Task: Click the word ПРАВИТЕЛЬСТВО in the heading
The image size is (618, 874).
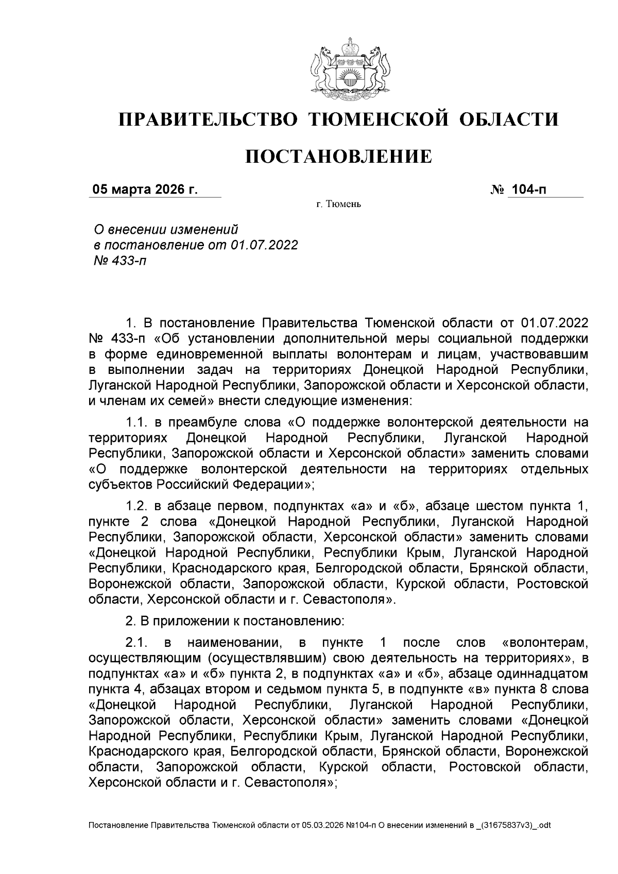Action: pos(208,120)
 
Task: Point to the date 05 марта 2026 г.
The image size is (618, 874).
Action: pos(145,190)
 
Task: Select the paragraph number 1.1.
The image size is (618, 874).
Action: pos(136,423)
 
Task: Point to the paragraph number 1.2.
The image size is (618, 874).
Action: pos(136,506)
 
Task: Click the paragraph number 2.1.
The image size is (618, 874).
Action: pos(136,643)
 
